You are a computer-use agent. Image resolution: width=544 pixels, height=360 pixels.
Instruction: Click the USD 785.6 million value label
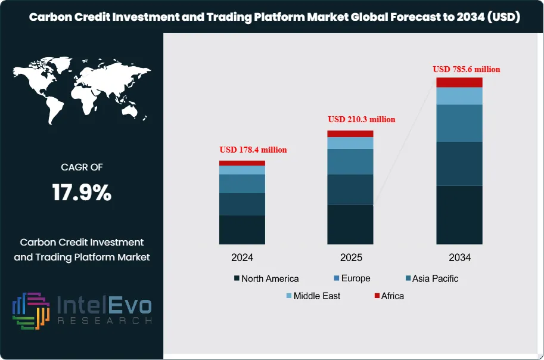point(467,69)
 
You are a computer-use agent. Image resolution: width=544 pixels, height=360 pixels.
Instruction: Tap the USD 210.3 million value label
point(362,119)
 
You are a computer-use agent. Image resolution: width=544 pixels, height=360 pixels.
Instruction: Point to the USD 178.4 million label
point(253,150)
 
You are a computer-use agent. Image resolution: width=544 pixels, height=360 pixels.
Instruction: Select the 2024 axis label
point(243,258)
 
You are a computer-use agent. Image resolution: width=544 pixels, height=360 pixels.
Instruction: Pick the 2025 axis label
point(350,258)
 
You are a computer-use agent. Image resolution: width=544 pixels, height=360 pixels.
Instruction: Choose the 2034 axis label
point(459,258)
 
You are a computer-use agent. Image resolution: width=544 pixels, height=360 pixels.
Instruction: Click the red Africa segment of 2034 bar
point(459,82)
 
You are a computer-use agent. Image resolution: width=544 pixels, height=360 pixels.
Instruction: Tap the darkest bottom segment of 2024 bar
point(242,229)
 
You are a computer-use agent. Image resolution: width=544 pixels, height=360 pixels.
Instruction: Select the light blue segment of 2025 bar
point(350,143)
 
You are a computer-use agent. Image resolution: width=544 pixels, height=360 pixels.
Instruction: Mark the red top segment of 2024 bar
point(242,163)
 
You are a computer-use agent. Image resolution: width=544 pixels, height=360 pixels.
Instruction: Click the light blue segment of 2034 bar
point(459,96)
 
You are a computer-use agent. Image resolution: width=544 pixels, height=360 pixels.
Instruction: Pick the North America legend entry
point(266,278)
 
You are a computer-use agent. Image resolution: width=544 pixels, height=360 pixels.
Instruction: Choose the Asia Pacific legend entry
point(431,278)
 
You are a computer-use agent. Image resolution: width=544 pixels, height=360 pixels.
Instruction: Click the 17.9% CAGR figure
point(82,193)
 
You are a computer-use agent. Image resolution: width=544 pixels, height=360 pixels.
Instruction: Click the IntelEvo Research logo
point(82,311)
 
